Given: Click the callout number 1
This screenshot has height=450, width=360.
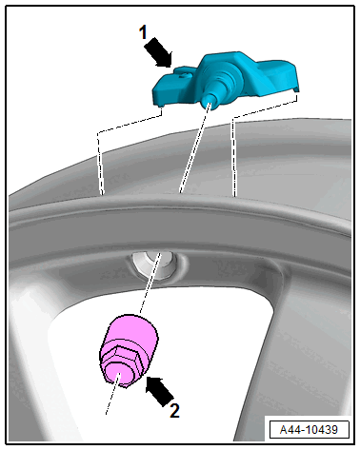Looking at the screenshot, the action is point(143,32).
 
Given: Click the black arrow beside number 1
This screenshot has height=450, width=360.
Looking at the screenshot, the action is point(158,52).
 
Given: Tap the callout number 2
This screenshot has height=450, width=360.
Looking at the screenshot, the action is point(174,411).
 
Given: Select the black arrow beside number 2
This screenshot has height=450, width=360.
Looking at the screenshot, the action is point(160,391).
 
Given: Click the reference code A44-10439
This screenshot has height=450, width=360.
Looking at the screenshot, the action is point(309,430).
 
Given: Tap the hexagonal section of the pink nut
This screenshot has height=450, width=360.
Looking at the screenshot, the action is point(122,364).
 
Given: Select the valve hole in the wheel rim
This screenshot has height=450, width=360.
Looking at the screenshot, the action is point(155,264).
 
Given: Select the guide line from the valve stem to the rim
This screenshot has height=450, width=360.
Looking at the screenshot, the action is point(193,149).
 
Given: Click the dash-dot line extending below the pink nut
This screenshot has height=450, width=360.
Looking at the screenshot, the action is point(112,395).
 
